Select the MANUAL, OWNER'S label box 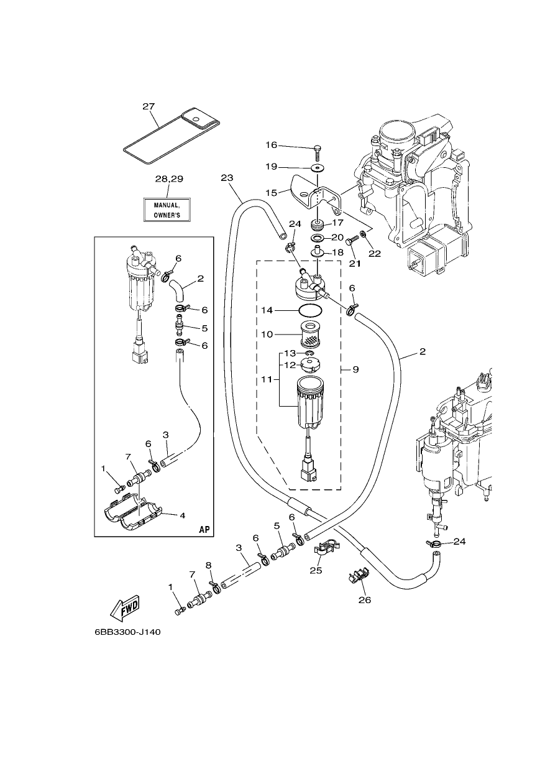coord(167,210)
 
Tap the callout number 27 coord(149,106)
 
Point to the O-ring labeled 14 coord(310,310)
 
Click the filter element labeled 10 coord(311,334)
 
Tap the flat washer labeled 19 coord(317,168)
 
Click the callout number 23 coord(227,178)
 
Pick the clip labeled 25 coord(324,551)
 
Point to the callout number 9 coord(355,370)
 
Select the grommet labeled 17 coord(317,226)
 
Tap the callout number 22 coord(375,254)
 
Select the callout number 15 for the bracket coord(272,193)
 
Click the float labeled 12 coord(310,365)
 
